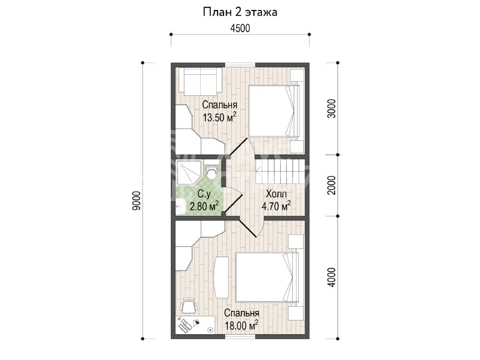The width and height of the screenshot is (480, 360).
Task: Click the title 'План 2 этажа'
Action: (240, 12)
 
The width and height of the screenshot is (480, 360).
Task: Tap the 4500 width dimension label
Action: (240, 28)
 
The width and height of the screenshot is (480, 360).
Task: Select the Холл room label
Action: (276, 194)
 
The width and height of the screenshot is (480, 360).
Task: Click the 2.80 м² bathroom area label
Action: (204, 205)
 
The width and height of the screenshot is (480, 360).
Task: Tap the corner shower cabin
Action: (189, 172)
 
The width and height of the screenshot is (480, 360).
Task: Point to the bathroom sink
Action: (181, 206)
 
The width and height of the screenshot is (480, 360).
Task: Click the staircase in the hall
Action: (280, 172)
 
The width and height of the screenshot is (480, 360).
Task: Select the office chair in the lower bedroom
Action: (189, 305)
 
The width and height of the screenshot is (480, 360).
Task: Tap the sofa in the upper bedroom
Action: (200, 81)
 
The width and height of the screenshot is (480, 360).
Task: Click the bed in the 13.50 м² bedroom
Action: (274, 111)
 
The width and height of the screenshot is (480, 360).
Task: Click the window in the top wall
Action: (240, 65)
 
